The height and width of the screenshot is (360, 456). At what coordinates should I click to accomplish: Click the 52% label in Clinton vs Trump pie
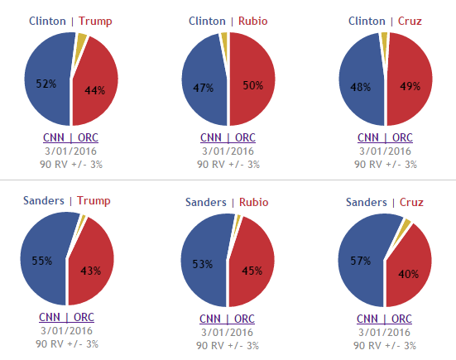click(x=46, y=84)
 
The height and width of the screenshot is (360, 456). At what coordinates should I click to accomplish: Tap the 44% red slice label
click(x=95, y=90)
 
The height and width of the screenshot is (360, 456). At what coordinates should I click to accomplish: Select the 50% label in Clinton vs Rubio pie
click(x=253, y=85)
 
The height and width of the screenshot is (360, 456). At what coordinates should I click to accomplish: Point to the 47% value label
click(x=204, y=88)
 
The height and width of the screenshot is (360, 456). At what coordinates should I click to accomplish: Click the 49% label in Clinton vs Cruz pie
click(x=410, y=86)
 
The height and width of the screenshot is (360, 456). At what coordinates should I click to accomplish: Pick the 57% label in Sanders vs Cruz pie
click(x=361, y=261)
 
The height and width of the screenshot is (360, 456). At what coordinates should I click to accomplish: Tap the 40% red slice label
click(x=408, y=274)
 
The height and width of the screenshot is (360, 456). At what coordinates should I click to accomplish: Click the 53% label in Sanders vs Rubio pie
click(x=203, y=264)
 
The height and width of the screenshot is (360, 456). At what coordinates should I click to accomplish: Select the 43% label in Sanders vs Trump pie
click(x=91, y=271)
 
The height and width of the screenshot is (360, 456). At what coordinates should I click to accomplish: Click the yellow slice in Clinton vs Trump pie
click(x=79, y=48)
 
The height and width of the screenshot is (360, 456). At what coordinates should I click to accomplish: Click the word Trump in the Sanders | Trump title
click(x=94, y=200)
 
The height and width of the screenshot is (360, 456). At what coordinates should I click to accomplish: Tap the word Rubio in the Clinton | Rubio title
click(x=252, y=22)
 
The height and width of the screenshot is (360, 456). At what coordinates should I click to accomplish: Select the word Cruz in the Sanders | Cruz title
click(x=411, y=203)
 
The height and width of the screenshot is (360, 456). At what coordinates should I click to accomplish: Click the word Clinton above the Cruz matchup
click(x=367, y=22)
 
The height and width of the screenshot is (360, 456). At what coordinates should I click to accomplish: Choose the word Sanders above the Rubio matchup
click(x=206, y=203)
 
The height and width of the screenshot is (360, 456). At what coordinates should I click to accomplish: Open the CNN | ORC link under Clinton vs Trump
click(x=70, y=138)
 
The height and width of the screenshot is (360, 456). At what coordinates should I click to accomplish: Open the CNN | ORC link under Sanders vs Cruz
click(x=384, y=319)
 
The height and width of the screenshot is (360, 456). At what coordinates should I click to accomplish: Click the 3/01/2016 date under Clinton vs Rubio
click(x=228, y=151)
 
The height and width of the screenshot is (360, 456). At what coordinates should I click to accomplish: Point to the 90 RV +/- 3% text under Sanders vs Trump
click(x=67, y=344)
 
